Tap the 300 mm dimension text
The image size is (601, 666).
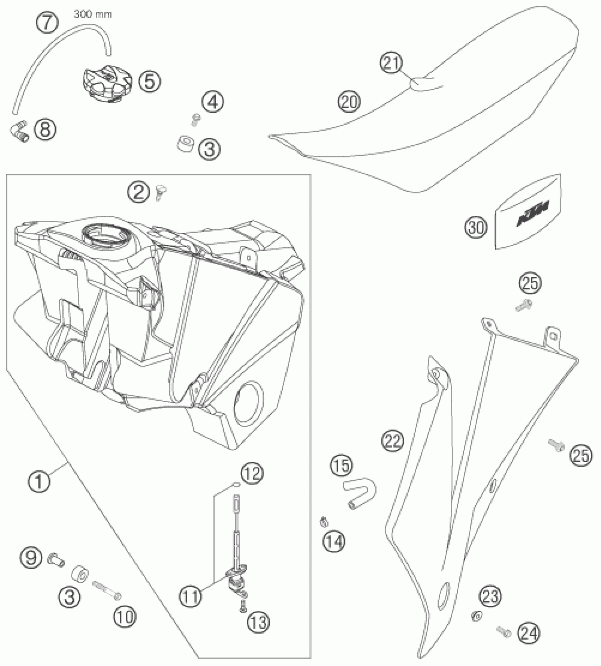coord(93,15)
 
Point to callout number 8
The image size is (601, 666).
coord(45,129)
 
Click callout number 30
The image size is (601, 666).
coord(476,227)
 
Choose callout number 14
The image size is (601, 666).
coord(334,542)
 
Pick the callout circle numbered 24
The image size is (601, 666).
coord(529,633)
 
